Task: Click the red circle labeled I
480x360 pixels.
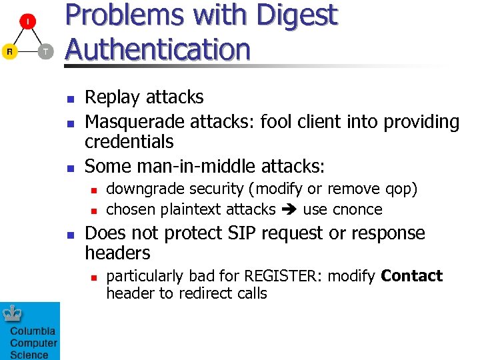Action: click(x=27, y=22)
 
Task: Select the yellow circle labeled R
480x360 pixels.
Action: click(x=9, y=51)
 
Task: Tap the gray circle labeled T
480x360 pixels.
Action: click(x=45, y=51)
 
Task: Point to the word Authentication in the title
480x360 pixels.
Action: click(x=157, y=49)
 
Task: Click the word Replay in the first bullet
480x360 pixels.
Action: click(x=111, y=97)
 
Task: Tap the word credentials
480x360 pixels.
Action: click(x=129, y=141)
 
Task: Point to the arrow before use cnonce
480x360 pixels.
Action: click(x=289, y=210)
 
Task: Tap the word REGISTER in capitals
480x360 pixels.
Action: click(x=284, y=276)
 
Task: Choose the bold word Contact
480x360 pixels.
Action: click(x=411, y=276)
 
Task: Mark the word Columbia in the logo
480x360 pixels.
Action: click(x=33, y=331)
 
